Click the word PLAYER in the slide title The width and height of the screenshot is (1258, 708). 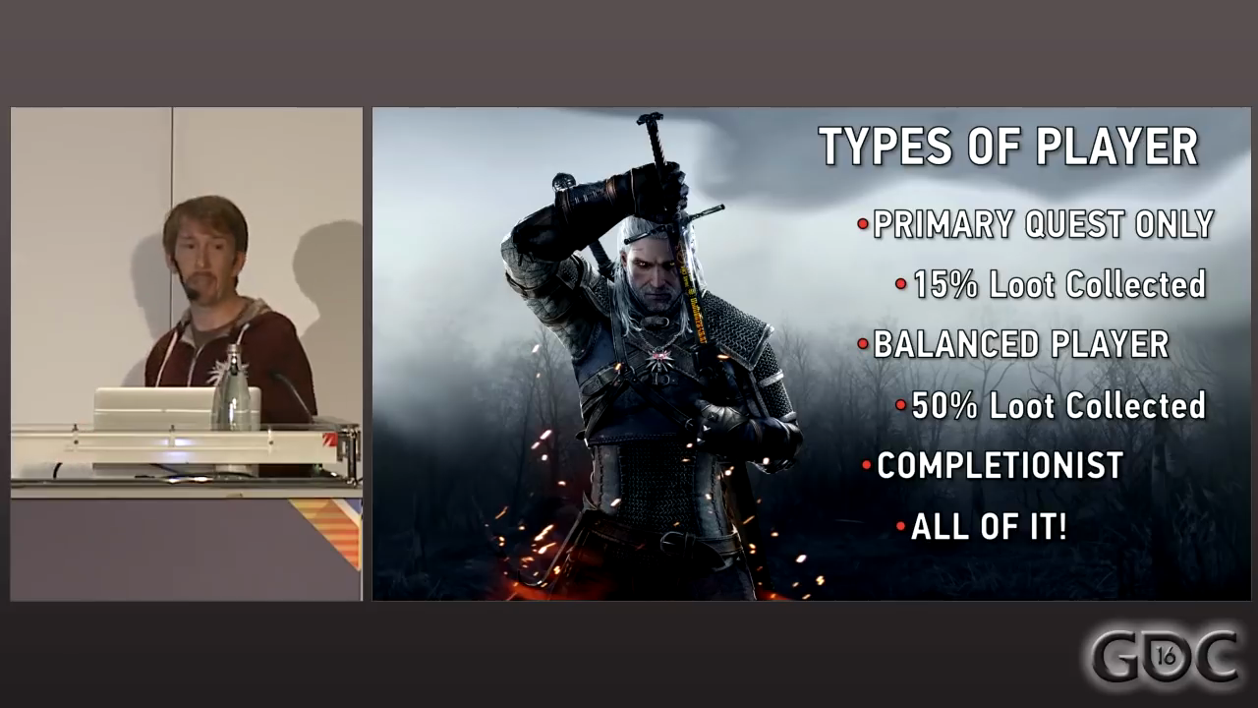1117,147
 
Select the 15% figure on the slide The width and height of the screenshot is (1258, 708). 945,284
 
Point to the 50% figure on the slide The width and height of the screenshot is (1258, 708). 944,405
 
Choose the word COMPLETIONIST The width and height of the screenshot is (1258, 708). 1000,465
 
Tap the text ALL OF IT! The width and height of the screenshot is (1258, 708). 989,526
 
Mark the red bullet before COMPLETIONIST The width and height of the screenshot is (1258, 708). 866,465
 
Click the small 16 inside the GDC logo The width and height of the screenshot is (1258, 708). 1166,656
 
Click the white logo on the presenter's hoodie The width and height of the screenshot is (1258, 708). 221,372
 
